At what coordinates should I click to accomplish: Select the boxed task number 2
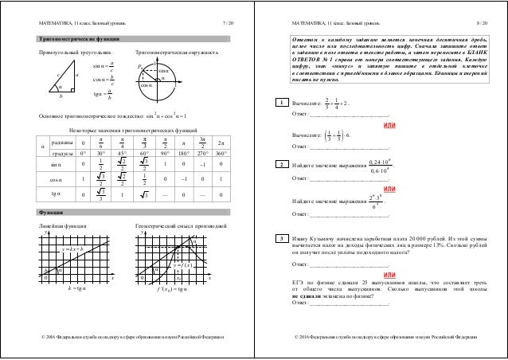[x=279, y=164]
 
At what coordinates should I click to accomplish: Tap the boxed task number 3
[x=279, y=238]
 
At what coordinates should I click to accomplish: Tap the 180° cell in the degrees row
[x=182, y=154]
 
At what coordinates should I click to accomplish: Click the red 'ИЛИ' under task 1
[x=389, y=127]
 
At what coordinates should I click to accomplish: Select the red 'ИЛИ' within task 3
[x=389, y=273]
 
